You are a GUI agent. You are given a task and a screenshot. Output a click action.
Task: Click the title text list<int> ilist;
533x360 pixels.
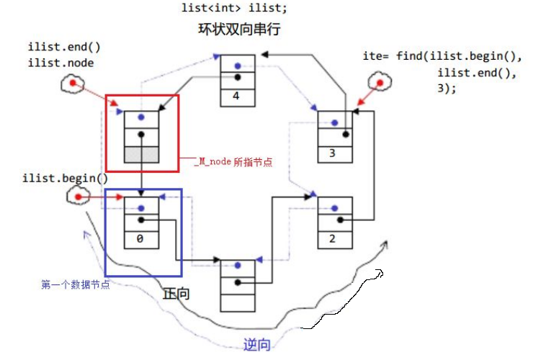[225, 9]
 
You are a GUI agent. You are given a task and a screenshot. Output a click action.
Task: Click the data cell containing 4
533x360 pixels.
[236, 95]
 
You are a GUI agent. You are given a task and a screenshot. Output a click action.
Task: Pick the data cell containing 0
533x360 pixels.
[141, 238]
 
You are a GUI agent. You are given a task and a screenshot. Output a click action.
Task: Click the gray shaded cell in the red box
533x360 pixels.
[141, 153]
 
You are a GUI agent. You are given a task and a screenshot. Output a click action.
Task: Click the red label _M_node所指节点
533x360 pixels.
[233, 163]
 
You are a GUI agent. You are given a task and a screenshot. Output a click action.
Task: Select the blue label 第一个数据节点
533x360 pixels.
[75, 285]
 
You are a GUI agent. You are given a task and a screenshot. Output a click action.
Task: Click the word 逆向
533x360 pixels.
[256, 345]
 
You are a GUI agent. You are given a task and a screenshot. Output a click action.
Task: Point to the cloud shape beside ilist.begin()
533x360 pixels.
[76, 196]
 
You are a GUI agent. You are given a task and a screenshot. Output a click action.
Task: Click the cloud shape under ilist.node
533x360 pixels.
[71, 86]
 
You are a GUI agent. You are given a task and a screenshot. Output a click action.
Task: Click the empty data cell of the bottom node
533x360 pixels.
[237, 302]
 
